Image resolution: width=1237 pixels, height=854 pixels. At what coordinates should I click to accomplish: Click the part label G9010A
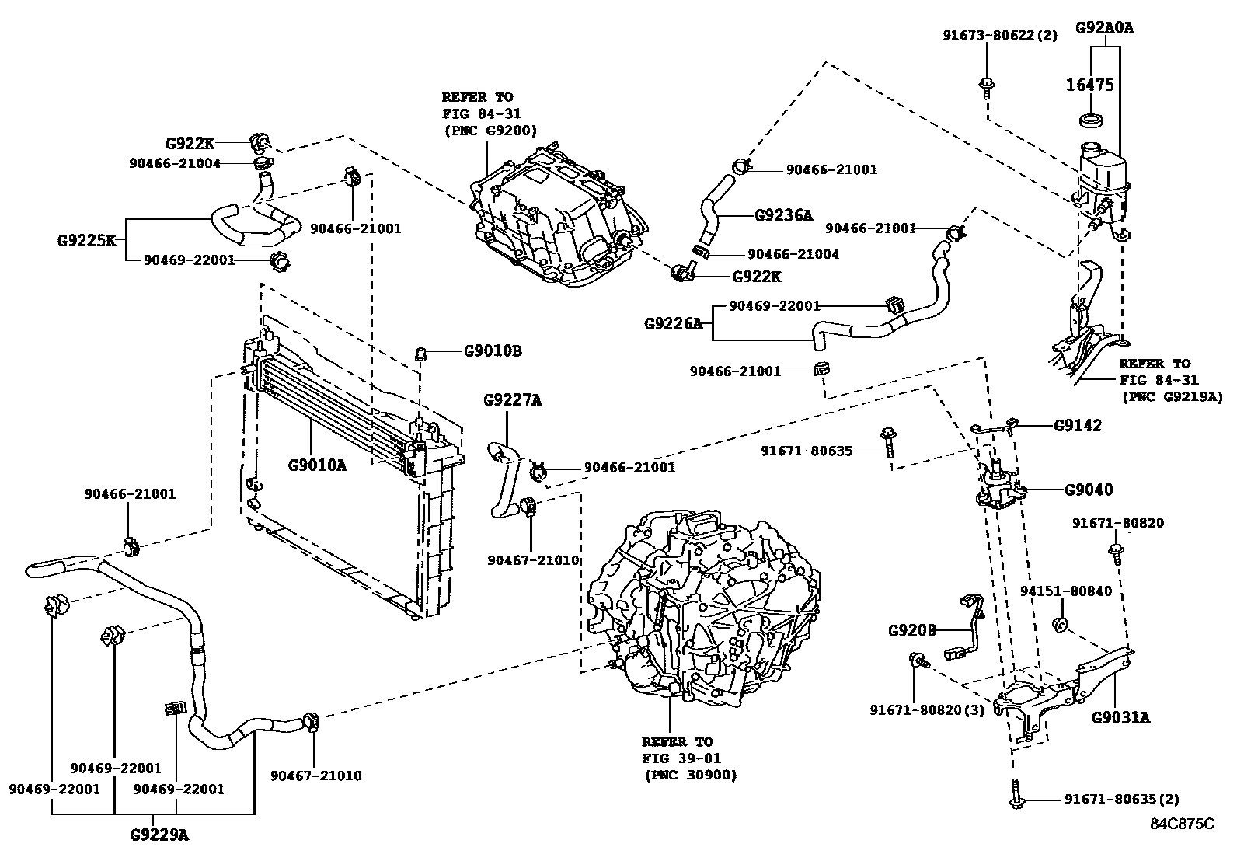click(x=317, y=465)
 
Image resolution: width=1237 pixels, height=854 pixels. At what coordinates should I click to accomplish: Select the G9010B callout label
click(x=493, y=351)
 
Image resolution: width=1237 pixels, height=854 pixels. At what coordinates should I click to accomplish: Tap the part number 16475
click(x=1089, y=85)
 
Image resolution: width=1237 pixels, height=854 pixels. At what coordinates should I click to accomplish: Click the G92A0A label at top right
click(x=1104, y=29)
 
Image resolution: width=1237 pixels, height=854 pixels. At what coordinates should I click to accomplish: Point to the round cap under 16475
click(x=1091, y=120)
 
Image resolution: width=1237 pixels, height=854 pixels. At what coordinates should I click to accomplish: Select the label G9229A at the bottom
click(x=159, y=835)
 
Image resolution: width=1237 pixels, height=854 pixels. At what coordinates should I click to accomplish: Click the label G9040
click(x=1088, y=490)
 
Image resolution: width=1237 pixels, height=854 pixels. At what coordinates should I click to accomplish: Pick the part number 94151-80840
click(x=1065, y=591)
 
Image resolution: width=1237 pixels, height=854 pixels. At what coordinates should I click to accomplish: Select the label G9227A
click(x=512, y=401)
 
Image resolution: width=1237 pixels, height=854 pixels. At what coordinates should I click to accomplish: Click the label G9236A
click(x=783, y=214)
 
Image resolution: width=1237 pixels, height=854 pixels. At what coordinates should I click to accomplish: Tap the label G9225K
click(x=86, y=240)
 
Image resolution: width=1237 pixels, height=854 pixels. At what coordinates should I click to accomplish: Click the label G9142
click(x=1077, y=426)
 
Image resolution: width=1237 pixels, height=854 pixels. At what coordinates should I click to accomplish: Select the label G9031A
click(x=1120, y=718)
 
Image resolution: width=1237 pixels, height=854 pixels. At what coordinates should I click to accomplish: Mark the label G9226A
click(x=673, y=323)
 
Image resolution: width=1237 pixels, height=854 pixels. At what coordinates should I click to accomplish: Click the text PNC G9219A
click(x=1172, y=396)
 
